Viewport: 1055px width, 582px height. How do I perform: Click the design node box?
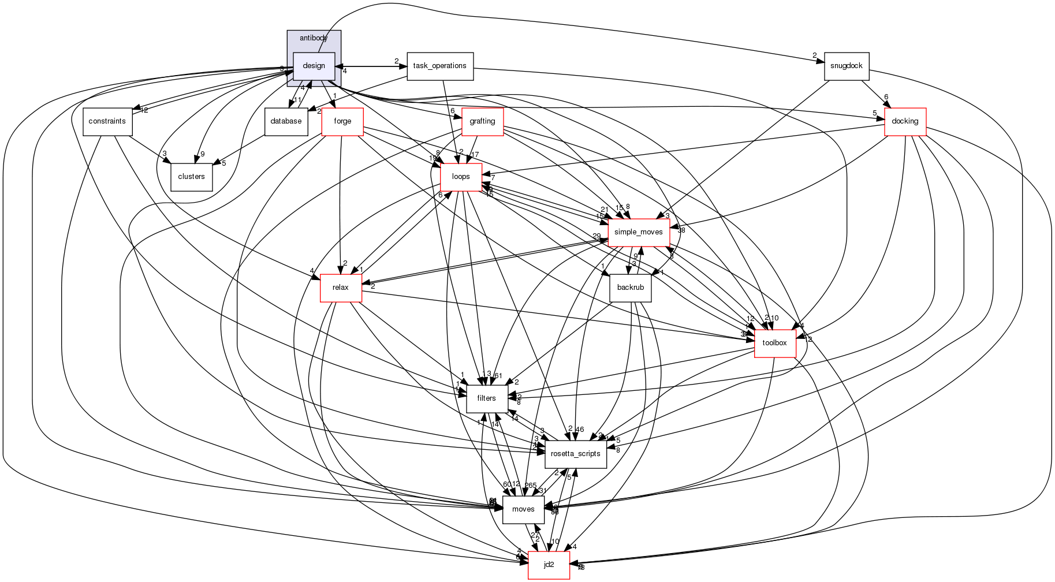point(314,66)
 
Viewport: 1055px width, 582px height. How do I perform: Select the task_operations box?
point(440,66)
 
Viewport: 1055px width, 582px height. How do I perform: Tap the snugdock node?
point(847,66)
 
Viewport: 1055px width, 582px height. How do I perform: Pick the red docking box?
point(905,121)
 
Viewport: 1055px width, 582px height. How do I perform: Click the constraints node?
point(107,121)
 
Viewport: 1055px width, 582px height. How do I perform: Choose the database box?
point(286,121)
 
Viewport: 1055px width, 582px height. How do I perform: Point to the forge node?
point(342,121)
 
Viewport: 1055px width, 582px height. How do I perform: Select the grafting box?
point(482,121)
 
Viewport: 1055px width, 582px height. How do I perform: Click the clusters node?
point(191,177)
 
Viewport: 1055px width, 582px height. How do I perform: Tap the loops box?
point(461,177)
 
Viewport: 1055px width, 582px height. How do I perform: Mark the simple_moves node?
point(638,232)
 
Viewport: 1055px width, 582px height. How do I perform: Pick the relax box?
point(341,288)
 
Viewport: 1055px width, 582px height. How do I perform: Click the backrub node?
point(630,288)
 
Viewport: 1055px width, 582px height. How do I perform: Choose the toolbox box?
point(775,343)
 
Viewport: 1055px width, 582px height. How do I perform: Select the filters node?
point(486,398)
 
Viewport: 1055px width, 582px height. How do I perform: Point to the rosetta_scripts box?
point(576,454)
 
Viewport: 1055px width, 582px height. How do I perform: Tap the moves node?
point(523,509)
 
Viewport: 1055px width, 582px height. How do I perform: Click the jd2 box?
point(549,565)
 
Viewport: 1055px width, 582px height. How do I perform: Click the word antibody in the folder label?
point(314,38)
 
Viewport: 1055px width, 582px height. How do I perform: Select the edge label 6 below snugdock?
point(886,97)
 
